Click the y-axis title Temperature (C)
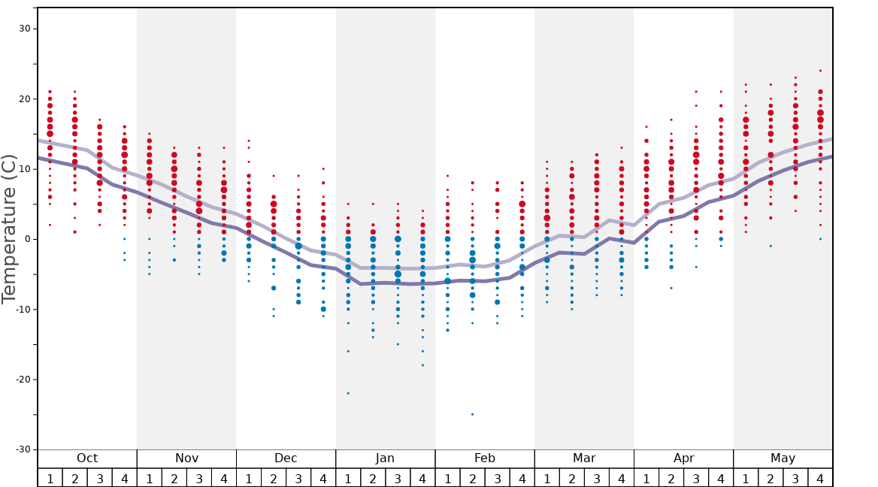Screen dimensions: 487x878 (x=9, y=228)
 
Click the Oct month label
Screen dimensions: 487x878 (x=87, y=458)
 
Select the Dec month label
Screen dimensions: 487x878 (x=286, y=458)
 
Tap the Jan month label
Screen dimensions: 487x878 (x=385, y=458)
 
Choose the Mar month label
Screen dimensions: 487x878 (x=584, y=458)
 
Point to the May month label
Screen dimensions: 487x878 (x=783, y=458)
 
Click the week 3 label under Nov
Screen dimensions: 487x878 (x=199, y=478)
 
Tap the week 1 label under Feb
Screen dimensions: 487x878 (x=447, y=478)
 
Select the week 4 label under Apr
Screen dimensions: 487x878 (x=721, y=478)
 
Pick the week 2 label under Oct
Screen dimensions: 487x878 (x=75, y=478)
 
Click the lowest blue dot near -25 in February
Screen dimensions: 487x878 (x=472, y=414)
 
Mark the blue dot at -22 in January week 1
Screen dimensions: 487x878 (x=348, y=393)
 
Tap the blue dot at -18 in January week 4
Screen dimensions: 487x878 (x=422, y=365)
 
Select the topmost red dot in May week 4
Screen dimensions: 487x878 (x=820, y=71)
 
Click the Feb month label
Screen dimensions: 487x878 (x=485, y=458)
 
